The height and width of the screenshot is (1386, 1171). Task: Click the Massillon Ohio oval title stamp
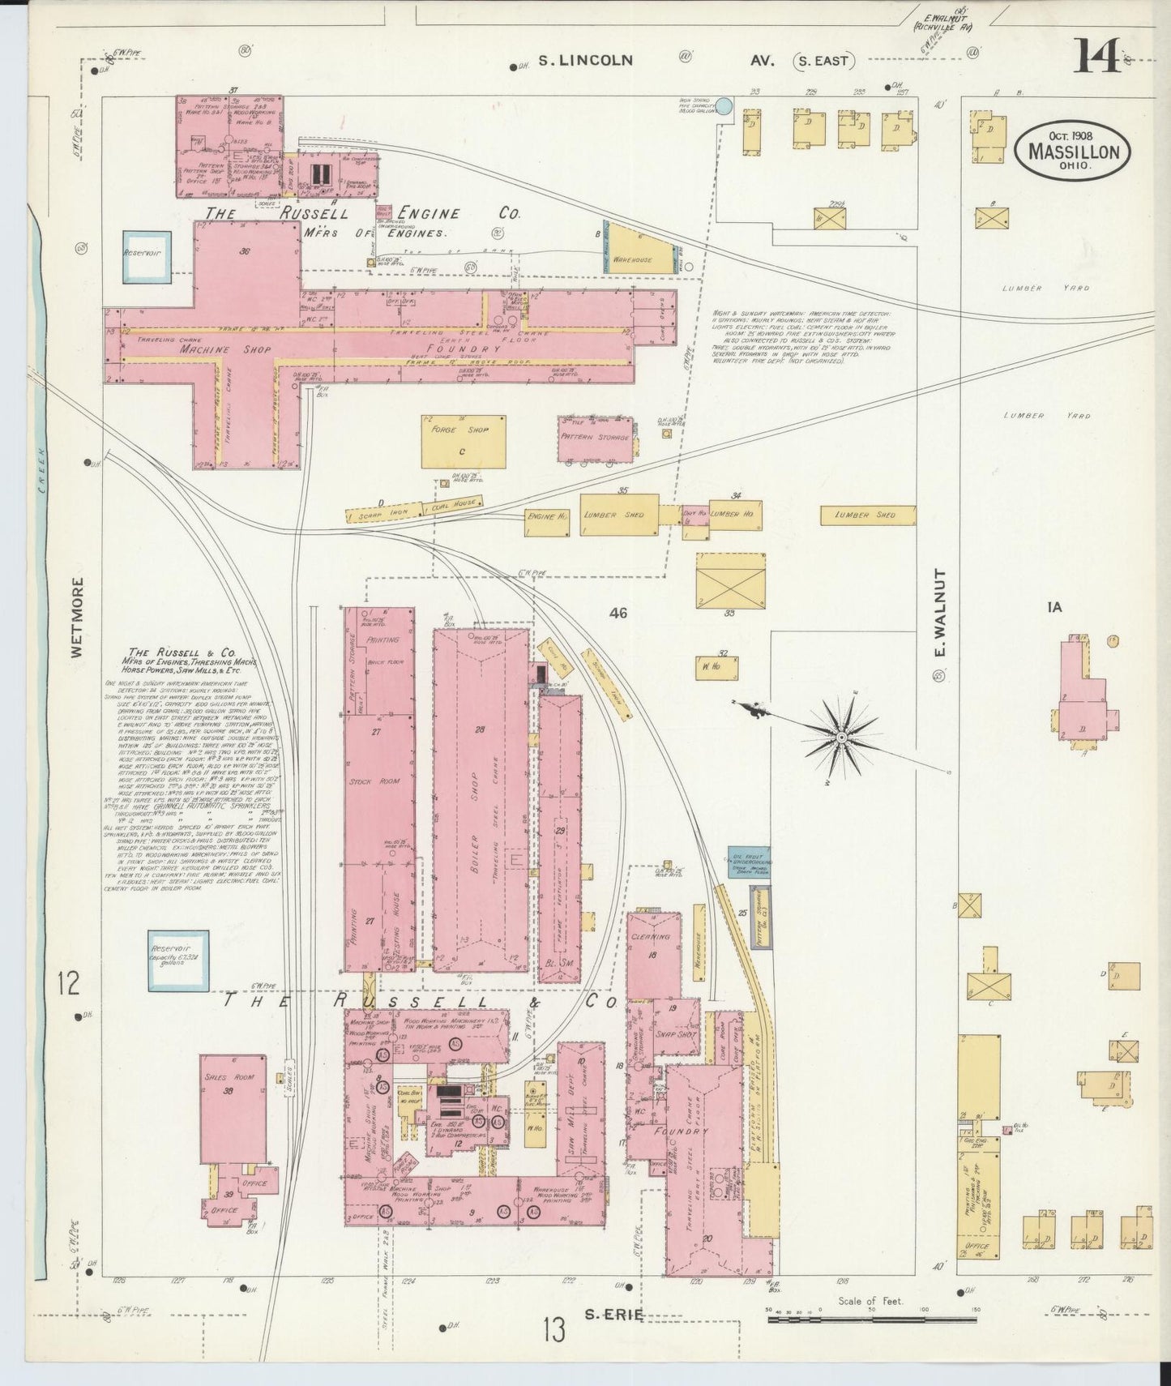[x=1073, y=152]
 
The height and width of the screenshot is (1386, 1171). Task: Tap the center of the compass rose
[x=842, y=736]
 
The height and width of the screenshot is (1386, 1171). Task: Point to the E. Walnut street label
[x=940, y=613]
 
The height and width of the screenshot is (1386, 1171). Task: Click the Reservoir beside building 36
[x=147, y=256]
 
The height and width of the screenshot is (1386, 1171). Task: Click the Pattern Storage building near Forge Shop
[x=595, y=438]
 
